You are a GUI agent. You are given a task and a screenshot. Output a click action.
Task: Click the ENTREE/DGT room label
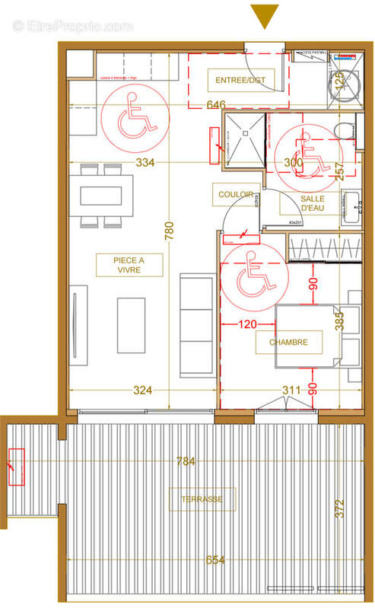(237, 79)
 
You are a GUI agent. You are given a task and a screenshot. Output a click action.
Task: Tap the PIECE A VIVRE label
(129, 265)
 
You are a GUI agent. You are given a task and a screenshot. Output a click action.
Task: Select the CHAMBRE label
(288, 343)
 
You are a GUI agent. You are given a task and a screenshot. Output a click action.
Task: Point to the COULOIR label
(235, 195)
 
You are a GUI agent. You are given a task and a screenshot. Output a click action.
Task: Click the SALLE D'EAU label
(313, 202)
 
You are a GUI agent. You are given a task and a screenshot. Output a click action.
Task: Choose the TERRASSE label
(202, 499)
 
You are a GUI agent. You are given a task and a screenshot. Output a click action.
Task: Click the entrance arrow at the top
(265, 16)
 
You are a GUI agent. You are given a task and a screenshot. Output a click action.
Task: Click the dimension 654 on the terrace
(215, 560)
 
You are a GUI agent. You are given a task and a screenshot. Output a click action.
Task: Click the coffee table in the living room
(132, 324)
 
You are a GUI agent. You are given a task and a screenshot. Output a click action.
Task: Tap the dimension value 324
(143, 391)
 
